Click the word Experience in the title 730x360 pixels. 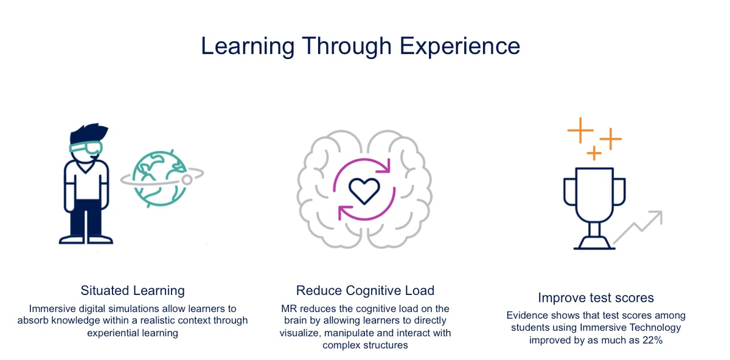coord(460,47)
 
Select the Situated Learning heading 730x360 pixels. coord(133,291)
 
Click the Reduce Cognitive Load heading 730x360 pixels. coord(365,291)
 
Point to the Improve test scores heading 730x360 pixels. coord(596,298)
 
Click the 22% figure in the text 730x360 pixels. coord(653,340)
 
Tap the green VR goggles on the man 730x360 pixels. coord(86,148)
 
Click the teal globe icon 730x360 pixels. coord(159,179)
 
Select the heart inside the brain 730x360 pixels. coord(364,191)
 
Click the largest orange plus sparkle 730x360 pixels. coord(580,130)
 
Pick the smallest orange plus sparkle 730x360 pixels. coord(594,153)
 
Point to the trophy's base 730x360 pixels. coord(594,243)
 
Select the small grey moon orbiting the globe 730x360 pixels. coord(187,180)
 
